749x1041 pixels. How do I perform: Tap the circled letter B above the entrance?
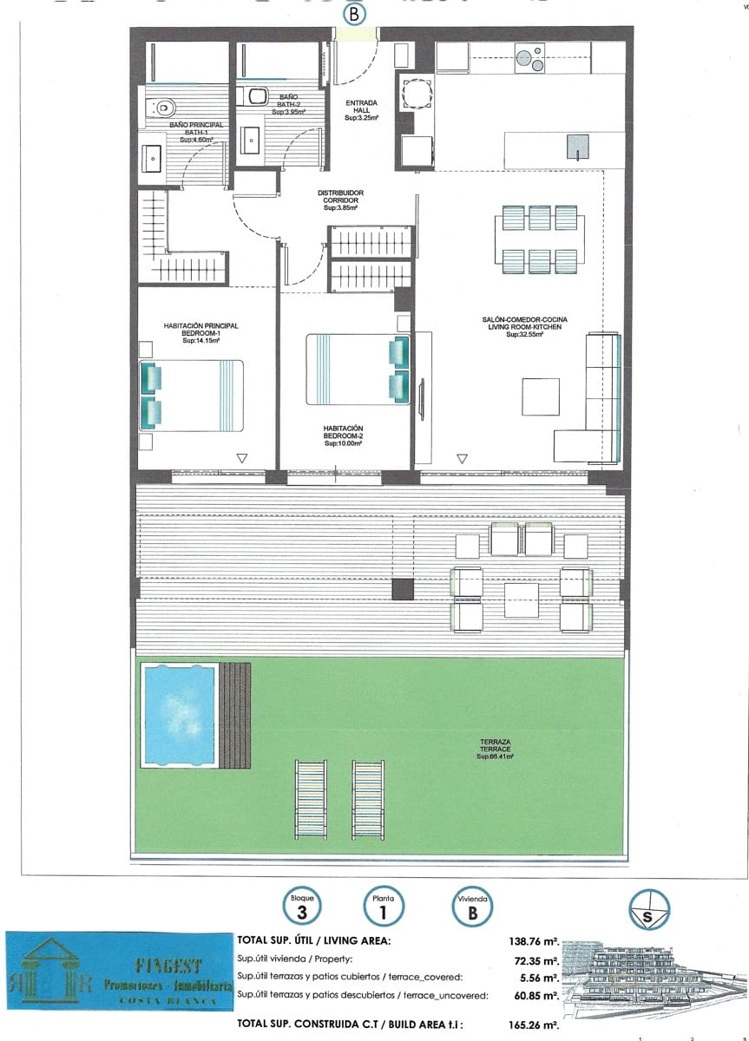(353, 14)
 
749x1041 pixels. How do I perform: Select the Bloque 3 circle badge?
(302, 907)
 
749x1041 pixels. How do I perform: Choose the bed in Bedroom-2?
(357, 369)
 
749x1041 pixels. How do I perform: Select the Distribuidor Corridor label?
(340, 200)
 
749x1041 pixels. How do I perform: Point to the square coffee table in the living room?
(540, 397)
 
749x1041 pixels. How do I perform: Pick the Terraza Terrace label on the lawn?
(496, 749)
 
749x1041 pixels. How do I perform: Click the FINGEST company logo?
(120, 971)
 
